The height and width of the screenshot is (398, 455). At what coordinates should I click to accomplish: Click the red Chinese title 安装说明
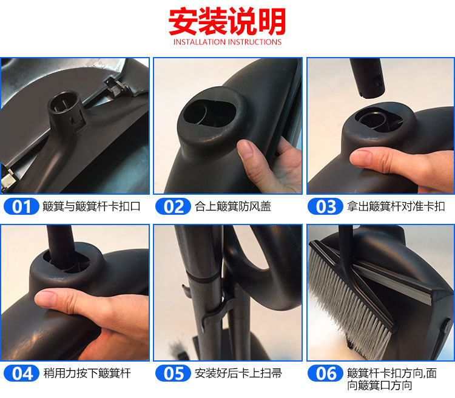coord(227,21)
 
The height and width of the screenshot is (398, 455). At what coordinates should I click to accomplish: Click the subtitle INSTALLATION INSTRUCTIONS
coord(227,42)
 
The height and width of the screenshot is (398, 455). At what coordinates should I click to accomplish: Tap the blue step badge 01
coord(21,206)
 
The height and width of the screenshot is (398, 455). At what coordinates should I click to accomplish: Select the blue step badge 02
coord(174,206)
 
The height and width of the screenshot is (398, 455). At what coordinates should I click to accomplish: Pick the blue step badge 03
coord(325,206)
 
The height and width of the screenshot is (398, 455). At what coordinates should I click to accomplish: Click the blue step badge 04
coord(21,373)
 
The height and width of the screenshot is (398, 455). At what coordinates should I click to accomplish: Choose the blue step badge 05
coord(174,373)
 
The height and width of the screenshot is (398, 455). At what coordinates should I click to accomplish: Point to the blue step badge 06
coord(325,373)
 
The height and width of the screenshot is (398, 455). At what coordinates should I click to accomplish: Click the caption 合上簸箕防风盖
coord(233,206)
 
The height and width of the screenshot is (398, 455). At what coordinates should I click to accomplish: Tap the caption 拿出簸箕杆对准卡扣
coord(396,206)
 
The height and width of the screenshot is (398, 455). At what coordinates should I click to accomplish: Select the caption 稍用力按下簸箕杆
coord(87,373)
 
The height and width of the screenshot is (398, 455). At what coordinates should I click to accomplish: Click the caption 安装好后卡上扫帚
coord(238,373)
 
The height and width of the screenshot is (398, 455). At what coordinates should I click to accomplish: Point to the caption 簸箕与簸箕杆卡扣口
coord(92,206)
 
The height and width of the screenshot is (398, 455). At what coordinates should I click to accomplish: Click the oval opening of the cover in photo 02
coord(209,114)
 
